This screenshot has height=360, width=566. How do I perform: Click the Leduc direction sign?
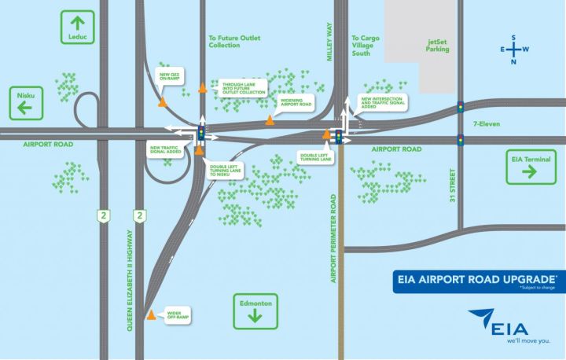[x=76, y=28]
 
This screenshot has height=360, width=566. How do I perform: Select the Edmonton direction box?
[x=254, y=308]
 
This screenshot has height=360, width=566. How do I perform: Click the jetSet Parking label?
[x=438, y=44]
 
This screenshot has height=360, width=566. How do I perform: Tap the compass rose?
[x=513, y=50]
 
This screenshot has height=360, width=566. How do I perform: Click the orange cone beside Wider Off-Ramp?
[x=151, y=315]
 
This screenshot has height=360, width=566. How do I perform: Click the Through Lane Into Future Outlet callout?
[x=241, y=87]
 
